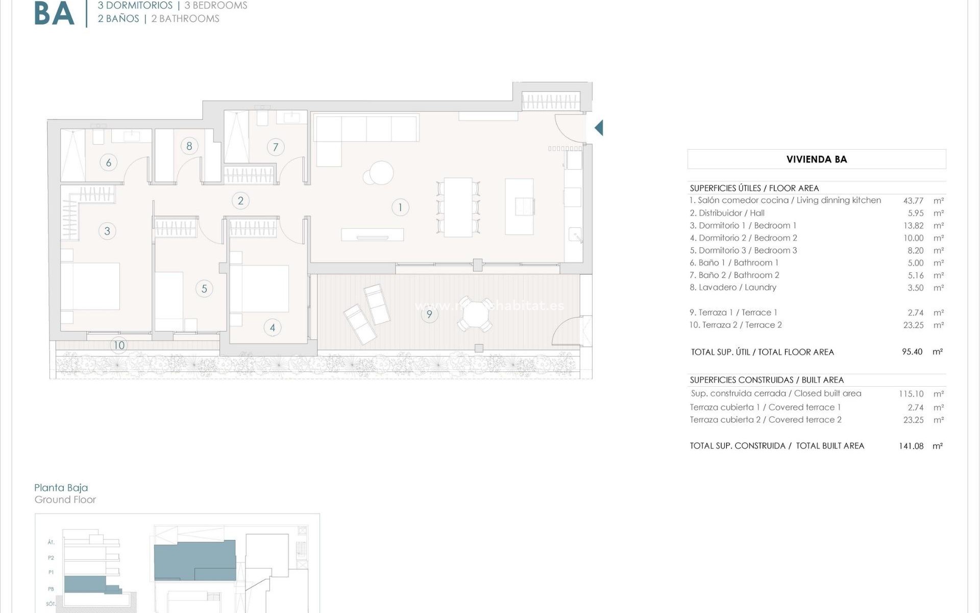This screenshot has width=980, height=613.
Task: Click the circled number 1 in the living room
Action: [x=400, y=207]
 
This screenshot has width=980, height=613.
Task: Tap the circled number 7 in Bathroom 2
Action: [x=276, y=148]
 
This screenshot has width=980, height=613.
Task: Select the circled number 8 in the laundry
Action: [x=189, y=146]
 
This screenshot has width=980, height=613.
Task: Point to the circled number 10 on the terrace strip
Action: [x=119, y=345]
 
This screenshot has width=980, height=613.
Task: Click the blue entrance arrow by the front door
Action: [x=599, y=128]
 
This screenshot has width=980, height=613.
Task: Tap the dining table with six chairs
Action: [x=458, y=207]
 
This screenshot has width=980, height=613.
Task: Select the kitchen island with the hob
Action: [x=519, y=206]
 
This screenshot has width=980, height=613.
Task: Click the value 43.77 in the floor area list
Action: [x=913, y=201]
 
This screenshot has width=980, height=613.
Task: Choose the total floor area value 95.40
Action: [x=912, y=352]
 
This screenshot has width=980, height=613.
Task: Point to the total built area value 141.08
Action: [x=911, y=446]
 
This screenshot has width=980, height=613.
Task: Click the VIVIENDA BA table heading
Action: [x=816, y=159]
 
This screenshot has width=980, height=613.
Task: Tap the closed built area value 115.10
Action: [x=911, y=394]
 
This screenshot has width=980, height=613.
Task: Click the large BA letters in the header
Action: [x=54, y=14]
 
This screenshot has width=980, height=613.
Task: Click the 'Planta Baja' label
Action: [x=61, y=488]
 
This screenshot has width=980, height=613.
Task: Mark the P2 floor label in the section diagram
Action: [x=51, y=558]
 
